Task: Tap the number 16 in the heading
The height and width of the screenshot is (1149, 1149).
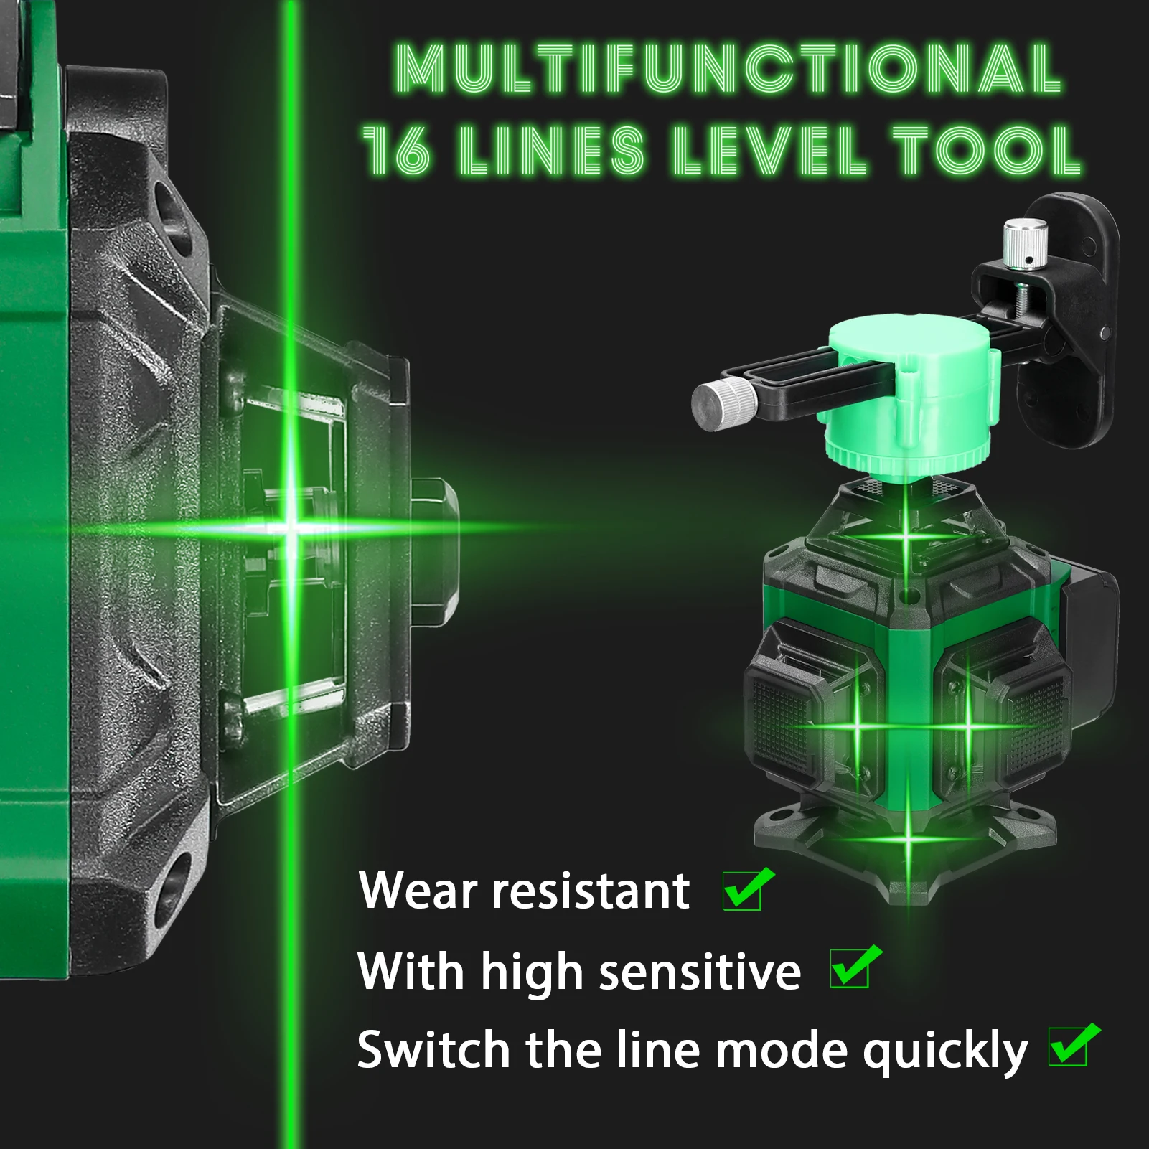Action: (x=397, y=151)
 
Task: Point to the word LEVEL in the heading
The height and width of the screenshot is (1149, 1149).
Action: (x=769, y=151)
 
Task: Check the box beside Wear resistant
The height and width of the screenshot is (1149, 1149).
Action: (x=744, y=891)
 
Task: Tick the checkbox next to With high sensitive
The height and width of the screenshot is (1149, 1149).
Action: (x=852, y=969)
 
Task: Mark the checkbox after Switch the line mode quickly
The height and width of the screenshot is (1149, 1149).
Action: (x=1070, y=1047)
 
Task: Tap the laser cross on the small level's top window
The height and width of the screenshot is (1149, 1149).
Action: (x=906, y=536)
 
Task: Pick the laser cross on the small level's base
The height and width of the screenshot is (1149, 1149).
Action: (x=908, y=838)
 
